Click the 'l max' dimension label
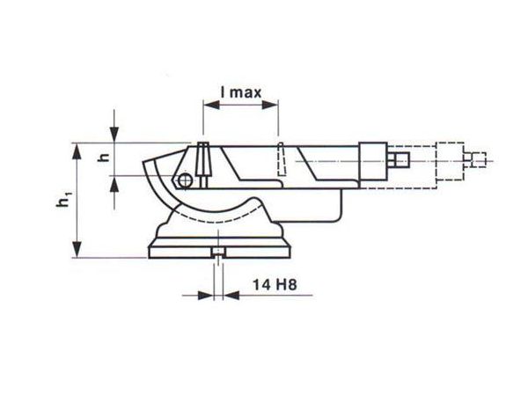tap(241, 92)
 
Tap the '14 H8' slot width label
tap(275, 285)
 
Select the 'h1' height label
tap(64, 199)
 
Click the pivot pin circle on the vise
tap(185, 180)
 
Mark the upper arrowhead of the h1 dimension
tap(77, 150)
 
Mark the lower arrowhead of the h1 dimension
tap(77, 250)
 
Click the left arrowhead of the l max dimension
tap(211, 105)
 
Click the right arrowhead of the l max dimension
tap(270, 105)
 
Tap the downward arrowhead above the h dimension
tap(114, 135)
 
